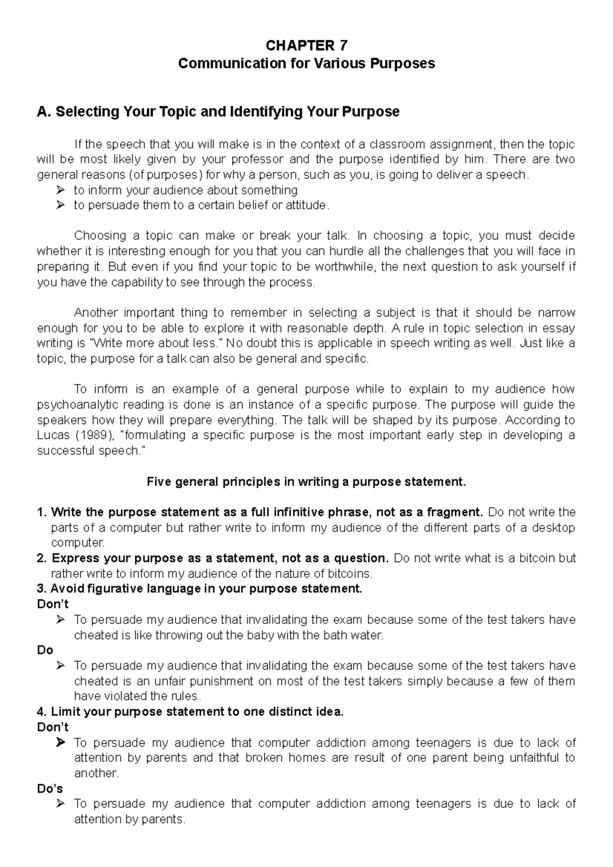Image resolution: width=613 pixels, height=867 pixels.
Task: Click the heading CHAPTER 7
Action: coord(306,46)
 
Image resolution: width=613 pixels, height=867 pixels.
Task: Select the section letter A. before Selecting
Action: coord(44,111)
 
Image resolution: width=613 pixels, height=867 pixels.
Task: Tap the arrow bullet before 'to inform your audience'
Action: coord(61,190)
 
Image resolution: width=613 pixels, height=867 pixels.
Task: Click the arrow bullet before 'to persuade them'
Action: coord(61,206)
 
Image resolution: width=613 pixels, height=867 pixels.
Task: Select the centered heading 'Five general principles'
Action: coord(306,482)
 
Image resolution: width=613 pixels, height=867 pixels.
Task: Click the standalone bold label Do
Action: coord(45,650)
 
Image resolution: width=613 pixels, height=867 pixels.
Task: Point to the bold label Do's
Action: coord(50,788)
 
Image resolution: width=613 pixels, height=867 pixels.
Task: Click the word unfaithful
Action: coord(525,758)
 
